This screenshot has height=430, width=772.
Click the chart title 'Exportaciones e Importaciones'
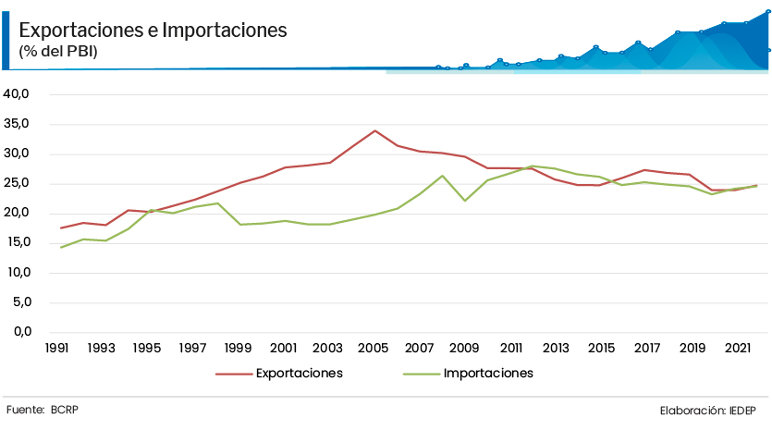(153, 31)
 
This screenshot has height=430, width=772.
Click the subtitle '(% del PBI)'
(57, 52)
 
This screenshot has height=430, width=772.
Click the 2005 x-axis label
(374, 349)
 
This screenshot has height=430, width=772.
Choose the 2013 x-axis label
(556, 349)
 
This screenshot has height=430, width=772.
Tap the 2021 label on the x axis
(737, 349)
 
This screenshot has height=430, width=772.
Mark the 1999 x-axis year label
(238, 349)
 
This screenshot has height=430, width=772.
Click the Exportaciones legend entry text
(299, 374)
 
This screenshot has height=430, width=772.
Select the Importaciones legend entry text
(488, 374)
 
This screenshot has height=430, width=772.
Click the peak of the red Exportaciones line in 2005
(374, 130)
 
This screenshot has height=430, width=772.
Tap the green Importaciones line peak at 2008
(442, 176)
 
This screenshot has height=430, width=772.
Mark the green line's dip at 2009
(465, 201)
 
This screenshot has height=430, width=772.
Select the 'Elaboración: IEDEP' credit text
(707, 410)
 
